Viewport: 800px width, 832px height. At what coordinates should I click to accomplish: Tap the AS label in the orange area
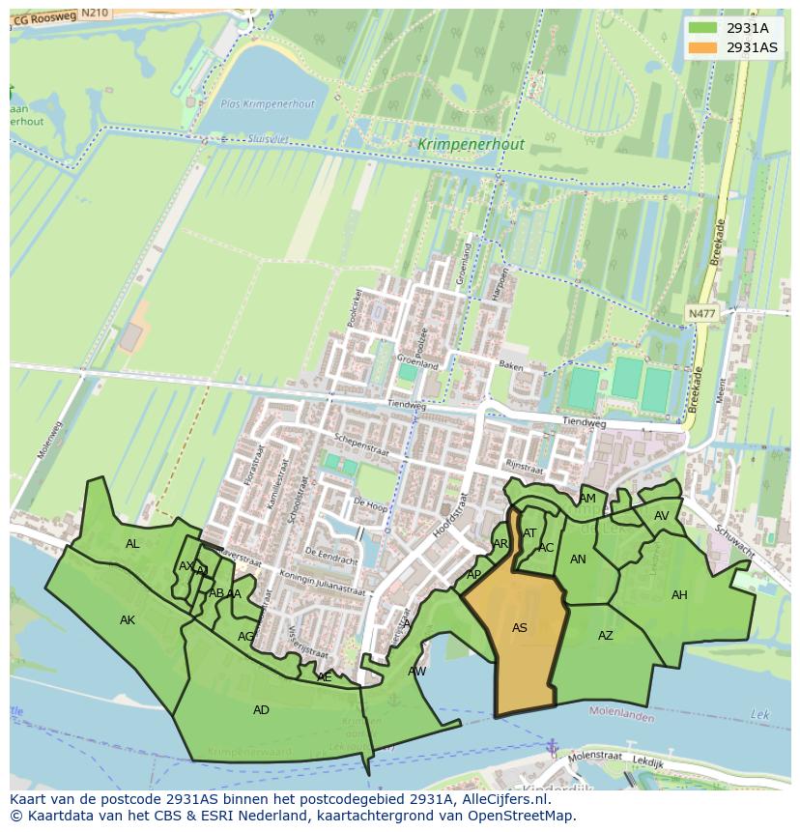pos(520,628)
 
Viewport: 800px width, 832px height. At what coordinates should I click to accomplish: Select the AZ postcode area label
pos(606,636)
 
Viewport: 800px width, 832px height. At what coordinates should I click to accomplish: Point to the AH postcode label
pos(679,595)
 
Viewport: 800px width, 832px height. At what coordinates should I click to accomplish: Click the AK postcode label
pos(128,620)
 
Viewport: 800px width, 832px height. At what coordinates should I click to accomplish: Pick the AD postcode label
pos(261,710)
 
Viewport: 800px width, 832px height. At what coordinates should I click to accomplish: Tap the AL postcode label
pos(132,544)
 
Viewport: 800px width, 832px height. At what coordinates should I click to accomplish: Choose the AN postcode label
pos(578,559)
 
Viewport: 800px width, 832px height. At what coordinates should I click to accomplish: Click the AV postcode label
pos(661,516)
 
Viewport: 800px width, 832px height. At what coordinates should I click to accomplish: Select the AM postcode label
pos(587,499)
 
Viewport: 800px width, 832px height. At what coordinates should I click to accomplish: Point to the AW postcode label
pos(417,671)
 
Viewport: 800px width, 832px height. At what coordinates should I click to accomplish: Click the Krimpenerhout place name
pos(471,145)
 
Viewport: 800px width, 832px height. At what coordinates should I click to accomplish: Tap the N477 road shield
pos(702,314)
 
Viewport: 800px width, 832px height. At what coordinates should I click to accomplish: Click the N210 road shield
pos(94,13)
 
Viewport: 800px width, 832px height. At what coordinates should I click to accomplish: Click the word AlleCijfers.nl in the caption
pos(503,799)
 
